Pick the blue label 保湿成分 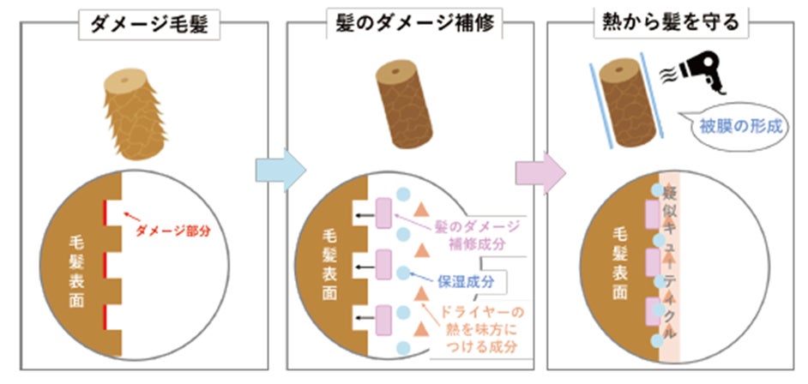point(464,279)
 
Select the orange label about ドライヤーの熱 point(480,329)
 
